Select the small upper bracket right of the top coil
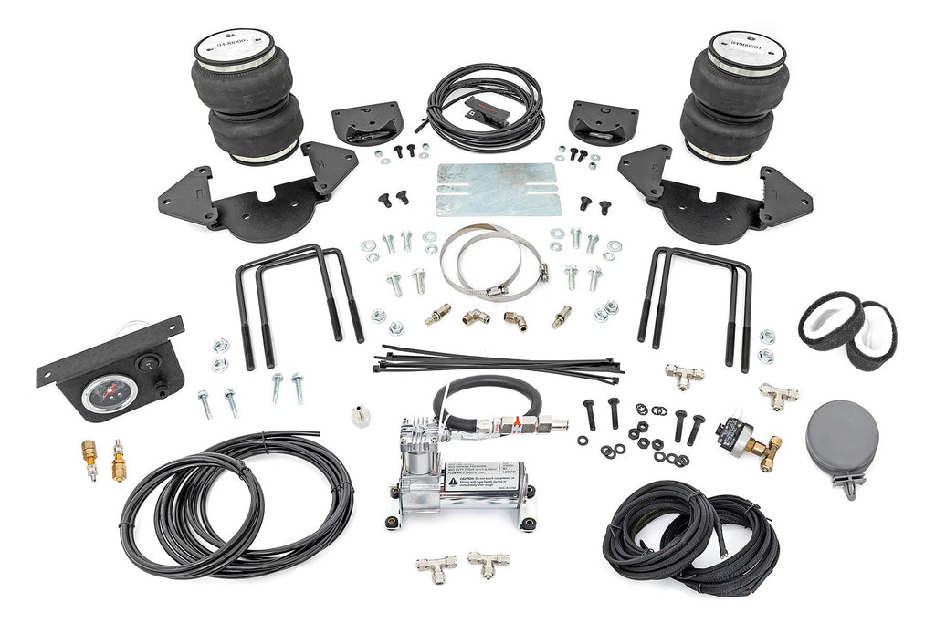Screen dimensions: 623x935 coord(603,121)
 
